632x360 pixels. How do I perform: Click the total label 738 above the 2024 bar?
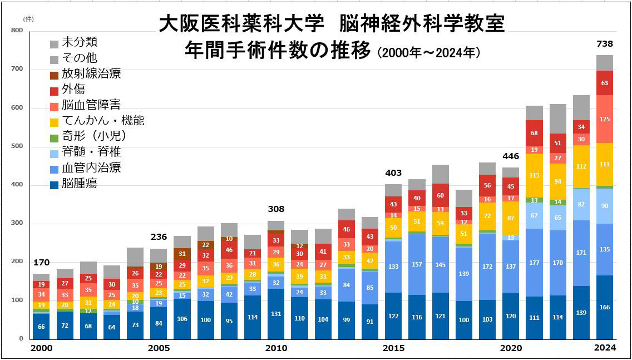click(604, 44)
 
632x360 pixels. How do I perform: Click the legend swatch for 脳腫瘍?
click(54, 184)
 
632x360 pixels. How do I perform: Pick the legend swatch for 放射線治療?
click(54, 75)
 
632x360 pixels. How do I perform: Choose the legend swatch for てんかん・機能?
click(54, 121)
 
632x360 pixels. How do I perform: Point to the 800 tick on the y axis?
click(17, 32)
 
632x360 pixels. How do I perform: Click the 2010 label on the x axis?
click(276, 348)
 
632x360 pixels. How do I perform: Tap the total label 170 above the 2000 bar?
click(41, 263)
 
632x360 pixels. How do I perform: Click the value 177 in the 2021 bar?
click(535, 263)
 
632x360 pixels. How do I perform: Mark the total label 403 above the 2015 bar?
click(393, 173)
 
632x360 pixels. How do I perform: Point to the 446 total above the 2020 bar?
click(511, 156)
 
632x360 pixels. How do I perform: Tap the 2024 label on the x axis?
click(605, 348)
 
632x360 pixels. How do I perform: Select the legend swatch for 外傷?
click(54, 90)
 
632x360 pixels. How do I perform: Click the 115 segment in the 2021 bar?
click(535, 175)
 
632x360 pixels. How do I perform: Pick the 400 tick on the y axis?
click(17, 185)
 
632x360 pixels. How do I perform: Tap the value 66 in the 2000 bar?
click(41, 327)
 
